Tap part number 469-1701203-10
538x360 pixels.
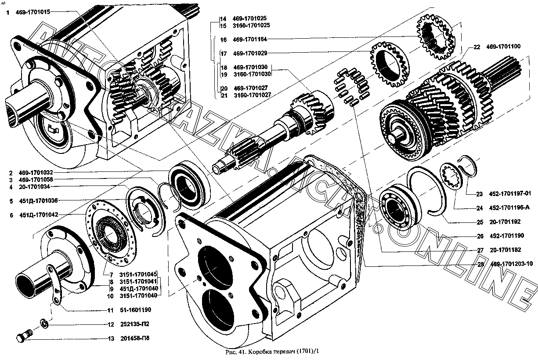click(511, 264)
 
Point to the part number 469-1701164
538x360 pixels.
click(250, 40)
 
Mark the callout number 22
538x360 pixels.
click(477, 47)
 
